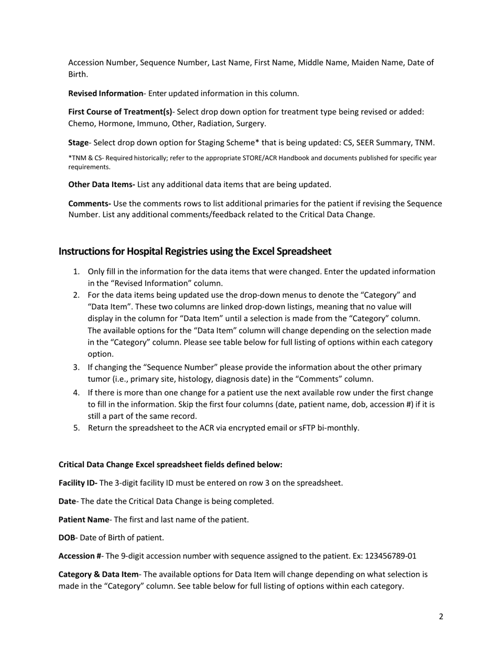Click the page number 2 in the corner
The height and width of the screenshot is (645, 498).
pos(441,617)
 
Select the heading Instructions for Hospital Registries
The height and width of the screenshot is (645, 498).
pos(194,251)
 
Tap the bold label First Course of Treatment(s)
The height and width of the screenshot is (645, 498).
pos(120,112)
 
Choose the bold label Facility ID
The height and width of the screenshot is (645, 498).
pos(78,483)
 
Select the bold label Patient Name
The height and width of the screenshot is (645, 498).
pos(83,520)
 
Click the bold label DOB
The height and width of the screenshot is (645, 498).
pos(67,537)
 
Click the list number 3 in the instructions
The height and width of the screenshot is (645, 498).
pos(76,368)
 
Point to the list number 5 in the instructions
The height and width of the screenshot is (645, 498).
pos(76,428)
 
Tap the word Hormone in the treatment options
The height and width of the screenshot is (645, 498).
pos(113,124)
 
